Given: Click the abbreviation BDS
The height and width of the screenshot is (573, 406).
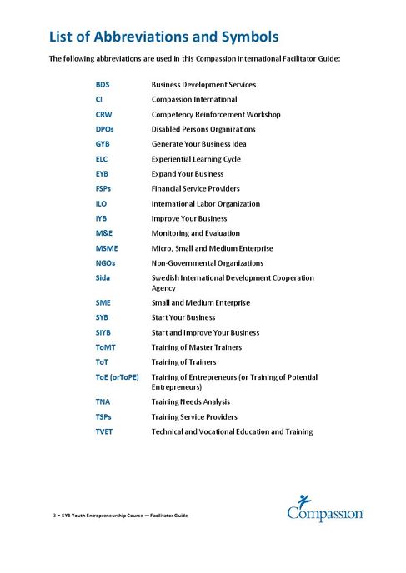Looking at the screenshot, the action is point(103,85).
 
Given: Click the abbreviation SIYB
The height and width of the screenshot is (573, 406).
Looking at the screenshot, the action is point(104,332).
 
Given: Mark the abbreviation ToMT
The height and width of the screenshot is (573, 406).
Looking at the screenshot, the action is point(106,347).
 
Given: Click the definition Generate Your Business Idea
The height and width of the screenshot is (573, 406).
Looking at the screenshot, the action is point(200,144).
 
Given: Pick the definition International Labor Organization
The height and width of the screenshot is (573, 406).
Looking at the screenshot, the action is point(205,203).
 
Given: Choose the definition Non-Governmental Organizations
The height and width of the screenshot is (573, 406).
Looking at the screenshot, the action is point(207,262).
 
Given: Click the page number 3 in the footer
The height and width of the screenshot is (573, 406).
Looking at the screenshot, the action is point(54,516).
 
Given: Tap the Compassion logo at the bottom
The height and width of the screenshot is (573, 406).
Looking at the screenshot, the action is point(325,509).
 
